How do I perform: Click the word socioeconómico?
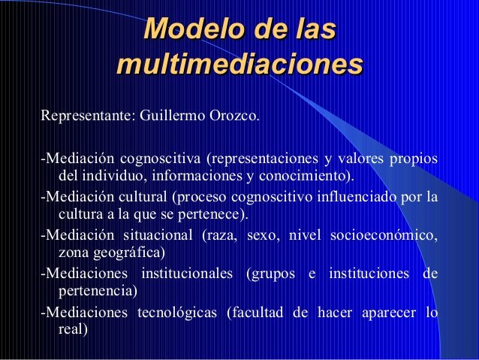coord(384,237)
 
